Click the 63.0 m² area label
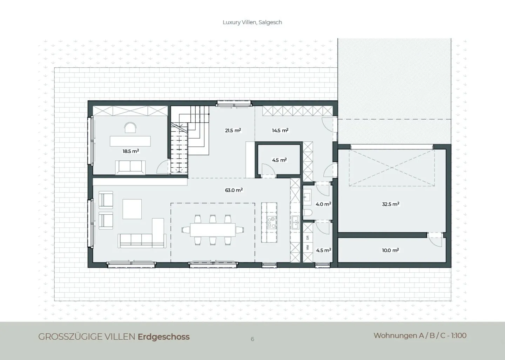coord(234,190)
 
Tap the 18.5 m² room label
coord(131,151)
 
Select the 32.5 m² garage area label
coord(391,204)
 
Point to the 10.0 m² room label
coord(390,250)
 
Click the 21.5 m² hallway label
coord(233,131)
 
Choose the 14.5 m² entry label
coord(280,131)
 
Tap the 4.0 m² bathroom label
coord(323,204)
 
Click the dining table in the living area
coord(213,230)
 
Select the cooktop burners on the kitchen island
coord(271,222)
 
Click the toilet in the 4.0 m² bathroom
coord(308,213)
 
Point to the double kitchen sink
coord(295,222)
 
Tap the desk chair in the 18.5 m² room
coord(130,128)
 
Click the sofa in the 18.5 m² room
coord(130,167)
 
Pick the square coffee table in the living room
coord(132,209)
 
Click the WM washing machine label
coord(308,247)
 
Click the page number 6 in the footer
coord(252,339)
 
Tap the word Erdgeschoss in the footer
coord(164,337)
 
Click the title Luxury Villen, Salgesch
coord(252,22)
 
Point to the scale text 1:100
coord(459,336)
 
